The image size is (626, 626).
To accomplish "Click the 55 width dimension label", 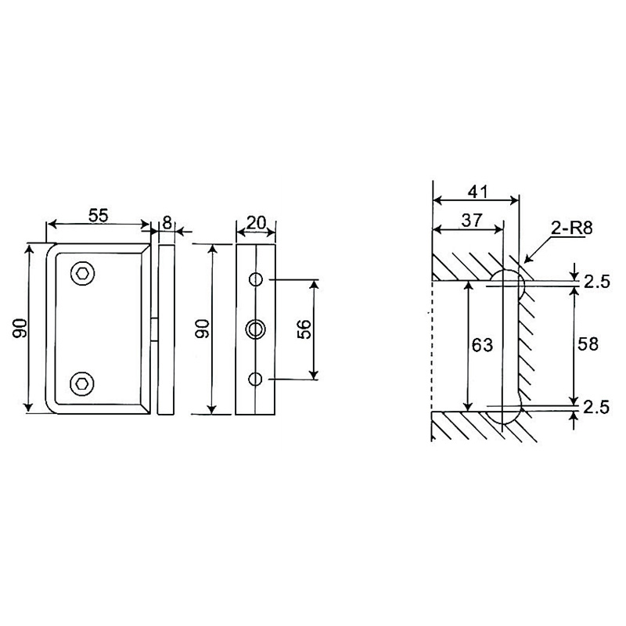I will [97, 217].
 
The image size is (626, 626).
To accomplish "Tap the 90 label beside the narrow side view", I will [202, 329].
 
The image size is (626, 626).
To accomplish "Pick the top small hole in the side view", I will [255, 279].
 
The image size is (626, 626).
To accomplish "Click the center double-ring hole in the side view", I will [255, 329].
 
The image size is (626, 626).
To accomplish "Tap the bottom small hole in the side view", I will [255, 379].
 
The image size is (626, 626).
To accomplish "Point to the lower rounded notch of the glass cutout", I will [509, 412].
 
